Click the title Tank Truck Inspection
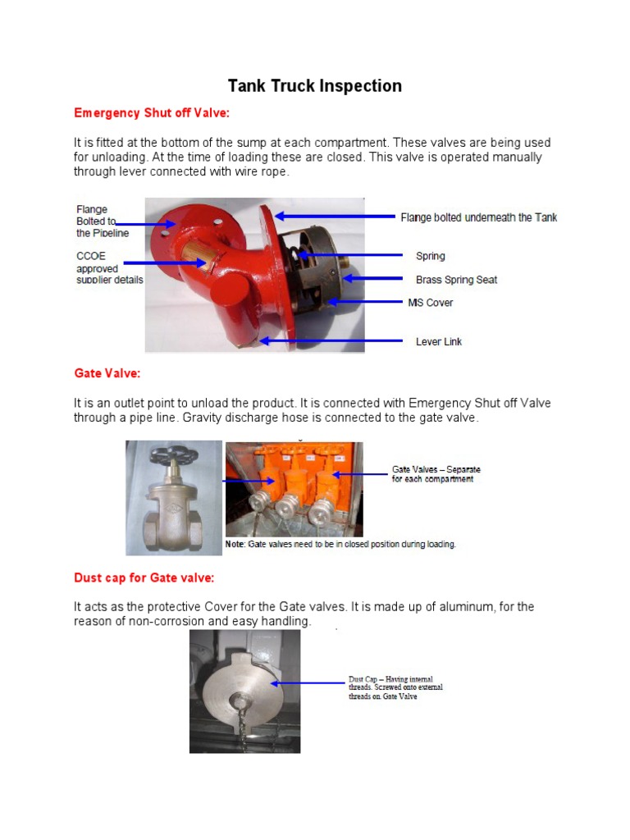coord(314,86)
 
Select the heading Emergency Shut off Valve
coord(152,112)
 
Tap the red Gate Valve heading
coord(107,373)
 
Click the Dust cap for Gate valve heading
coord(144,577)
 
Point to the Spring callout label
coord(431,257)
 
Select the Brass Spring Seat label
coord(456,280)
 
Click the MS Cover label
coord(431,303)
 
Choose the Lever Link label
coord(439,341)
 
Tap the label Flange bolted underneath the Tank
coord(478,217)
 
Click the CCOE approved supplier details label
coord(109,268)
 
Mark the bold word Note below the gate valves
coord(236,544)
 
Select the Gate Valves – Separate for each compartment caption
coord(436,474)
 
